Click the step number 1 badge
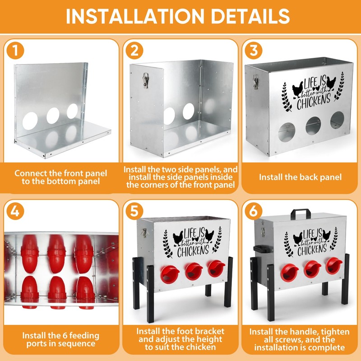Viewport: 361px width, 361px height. tap(15, 51)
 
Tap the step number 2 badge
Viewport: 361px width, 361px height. tap(134, 51)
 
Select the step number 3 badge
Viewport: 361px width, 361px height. tap(254, 51)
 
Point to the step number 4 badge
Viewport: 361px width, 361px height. tap(15, 211)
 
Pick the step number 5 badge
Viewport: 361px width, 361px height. tap(134, 211)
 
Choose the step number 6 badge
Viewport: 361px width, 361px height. tap(254, 211)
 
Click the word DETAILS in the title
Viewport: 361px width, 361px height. tap(250, 16)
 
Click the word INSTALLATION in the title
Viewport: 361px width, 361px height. tap(135, 16)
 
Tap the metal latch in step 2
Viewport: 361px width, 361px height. tap(145, 80)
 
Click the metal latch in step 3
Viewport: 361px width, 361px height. tap(255, 82)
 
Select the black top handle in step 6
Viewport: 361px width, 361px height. tap(301, 213)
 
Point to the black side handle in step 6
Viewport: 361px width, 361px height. tap(260, 249)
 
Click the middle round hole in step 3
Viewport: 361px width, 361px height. tap(313, 126)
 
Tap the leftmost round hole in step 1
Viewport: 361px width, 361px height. tap(30, 121)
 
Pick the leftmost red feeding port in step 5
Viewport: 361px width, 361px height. tap(170, 274)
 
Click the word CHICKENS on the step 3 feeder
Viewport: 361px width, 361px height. tap(314, 102)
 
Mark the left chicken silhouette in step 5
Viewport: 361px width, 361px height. tap(178, 238)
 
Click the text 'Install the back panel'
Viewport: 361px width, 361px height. tap(300, 177)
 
